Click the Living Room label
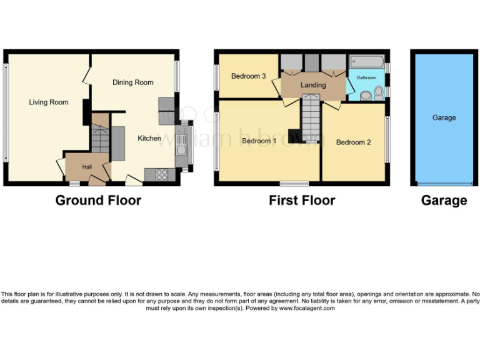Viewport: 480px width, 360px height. (48, 102)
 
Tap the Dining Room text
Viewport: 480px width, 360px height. (132, 82)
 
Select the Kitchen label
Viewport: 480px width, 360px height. (149, 138)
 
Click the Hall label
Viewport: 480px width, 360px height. (86, 167)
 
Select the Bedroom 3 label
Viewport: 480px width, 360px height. (248, 76)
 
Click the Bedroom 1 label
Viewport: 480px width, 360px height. (259, 141)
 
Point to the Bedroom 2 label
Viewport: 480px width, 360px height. (353, 142)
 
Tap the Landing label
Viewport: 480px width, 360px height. (312, 85)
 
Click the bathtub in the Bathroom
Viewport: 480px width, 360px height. (367, 62)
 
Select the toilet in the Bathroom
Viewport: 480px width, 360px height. (378, 94)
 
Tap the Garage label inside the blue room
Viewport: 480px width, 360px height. (444, 117)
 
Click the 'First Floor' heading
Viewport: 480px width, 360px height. (302, 201)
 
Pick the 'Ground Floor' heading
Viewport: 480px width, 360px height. (98, 201)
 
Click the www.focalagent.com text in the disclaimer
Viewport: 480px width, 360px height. (307, 308)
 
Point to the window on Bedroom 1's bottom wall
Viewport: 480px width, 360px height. (294, 184)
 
